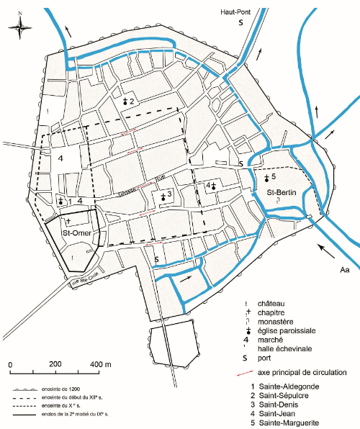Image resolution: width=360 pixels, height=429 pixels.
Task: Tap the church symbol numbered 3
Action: click(x=162, y=194)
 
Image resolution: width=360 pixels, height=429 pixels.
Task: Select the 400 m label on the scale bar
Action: click(x=102, y=364)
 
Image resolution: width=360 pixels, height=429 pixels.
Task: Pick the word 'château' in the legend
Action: click(x=274, y=303)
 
